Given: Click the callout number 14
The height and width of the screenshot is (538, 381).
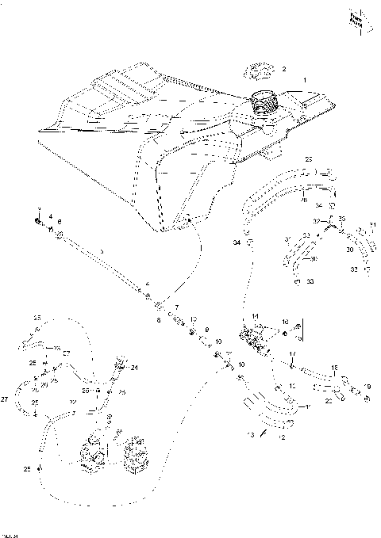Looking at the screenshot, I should point(256,317).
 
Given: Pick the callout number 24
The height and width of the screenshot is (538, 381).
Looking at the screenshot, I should point(135,368).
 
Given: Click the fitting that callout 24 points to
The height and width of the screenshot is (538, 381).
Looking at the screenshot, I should point(121,364).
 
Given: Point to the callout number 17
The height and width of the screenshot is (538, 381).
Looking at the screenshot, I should point(291,353).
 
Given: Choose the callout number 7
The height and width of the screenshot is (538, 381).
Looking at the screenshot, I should point(177,307).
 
